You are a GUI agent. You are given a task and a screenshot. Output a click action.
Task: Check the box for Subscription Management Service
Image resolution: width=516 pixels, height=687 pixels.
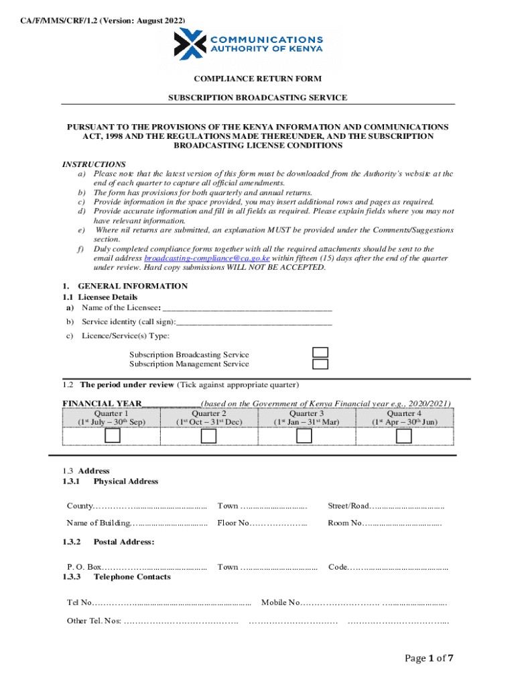[321, 364]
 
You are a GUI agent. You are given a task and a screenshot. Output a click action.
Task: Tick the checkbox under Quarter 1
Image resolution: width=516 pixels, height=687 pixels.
[112, 436]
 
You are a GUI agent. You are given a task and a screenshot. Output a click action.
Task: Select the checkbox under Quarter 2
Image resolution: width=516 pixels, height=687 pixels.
[209, 436]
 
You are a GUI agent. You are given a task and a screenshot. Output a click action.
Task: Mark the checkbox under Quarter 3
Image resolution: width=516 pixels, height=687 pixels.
[304, 436]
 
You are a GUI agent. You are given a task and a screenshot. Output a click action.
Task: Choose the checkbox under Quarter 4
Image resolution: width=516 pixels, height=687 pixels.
[403, 436]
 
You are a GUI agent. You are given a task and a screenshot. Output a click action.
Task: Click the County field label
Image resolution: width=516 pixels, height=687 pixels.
[80, 505]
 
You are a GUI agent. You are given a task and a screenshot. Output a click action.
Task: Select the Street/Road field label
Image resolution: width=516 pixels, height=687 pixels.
[348, 505]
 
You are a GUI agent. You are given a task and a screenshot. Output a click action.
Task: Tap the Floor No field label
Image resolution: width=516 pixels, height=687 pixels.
[233, 523]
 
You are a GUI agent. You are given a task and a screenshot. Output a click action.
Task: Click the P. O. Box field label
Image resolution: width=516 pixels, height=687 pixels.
[84, 567]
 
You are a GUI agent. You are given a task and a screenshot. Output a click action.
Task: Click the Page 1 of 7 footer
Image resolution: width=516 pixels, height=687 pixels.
[430, 658]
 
